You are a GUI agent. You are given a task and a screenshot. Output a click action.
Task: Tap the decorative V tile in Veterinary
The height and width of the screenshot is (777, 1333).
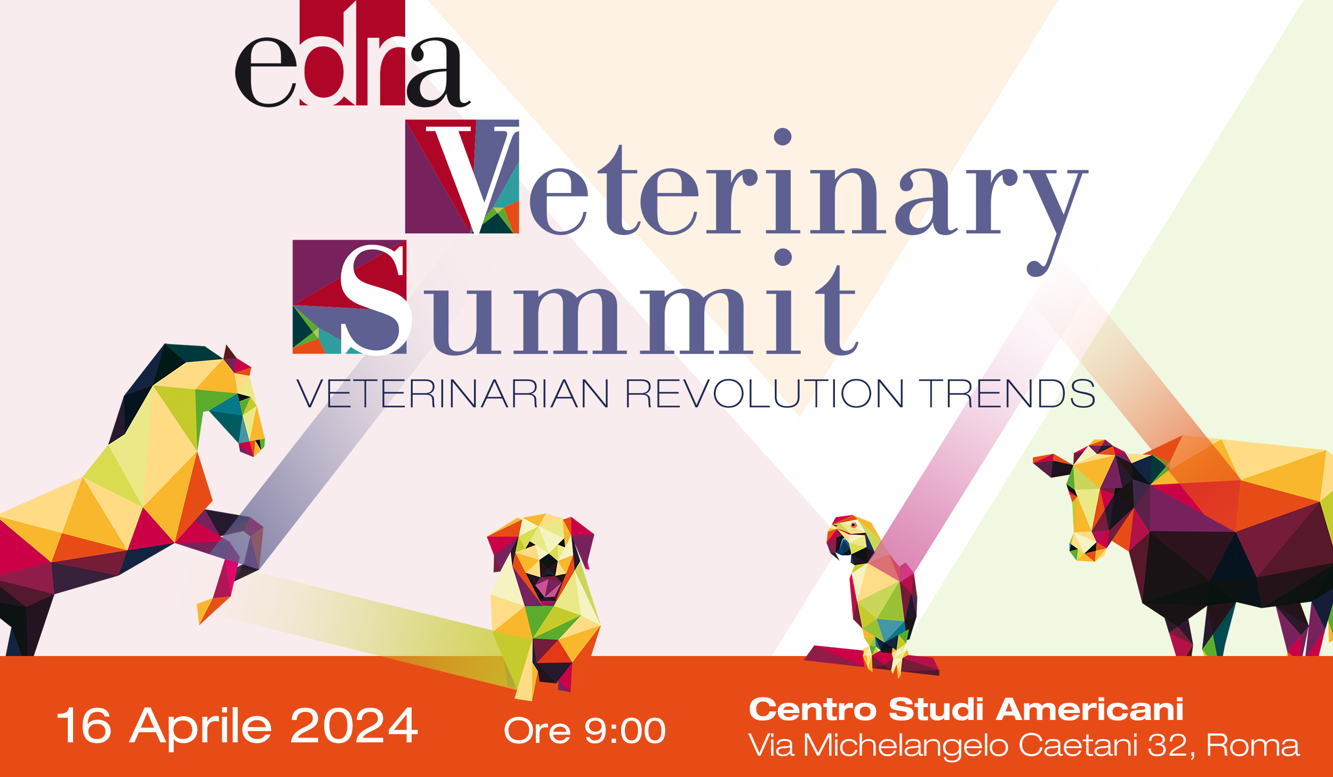point(462,176)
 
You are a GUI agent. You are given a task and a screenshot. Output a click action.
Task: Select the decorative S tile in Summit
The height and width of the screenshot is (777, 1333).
point(350,297)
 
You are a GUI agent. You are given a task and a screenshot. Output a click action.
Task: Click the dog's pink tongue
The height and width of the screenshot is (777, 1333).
point(548,586)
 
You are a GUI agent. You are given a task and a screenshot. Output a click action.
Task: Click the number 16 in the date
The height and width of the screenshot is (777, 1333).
point(84,725)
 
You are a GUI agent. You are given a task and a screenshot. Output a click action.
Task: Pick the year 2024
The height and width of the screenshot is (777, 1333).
point(354,725)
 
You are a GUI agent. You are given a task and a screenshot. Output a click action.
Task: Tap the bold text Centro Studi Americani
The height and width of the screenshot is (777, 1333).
point(966,709)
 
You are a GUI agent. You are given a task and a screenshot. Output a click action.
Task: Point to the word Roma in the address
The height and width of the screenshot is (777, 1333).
point(1253,744)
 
